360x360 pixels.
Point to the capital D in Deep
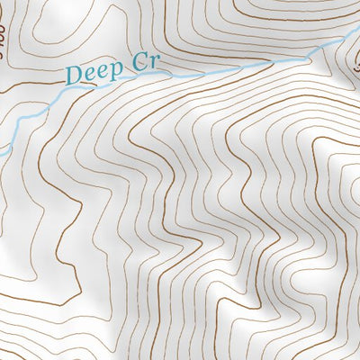(74, 75)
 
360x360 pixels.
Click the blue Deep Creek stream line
(225, 69)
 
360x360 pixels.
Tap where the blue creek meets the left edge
(2, 150)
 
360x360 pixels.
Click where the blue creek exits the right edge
(357, 37)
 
